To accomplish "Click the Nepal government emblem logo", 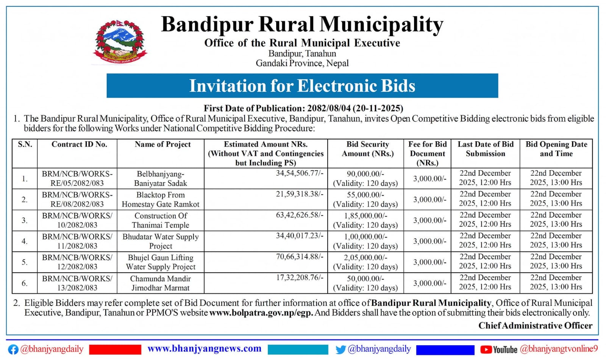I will [120, 42].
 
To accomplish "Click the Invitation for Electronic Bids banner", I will [302, 86].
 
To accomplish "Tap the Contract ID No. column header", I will [79, 144].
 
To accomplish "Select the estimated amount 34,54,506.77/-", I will [299, 173].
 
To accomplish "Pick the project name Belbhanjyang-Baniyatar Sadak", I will [161, 179].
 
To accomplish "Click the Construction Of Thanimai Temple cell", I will [161, 220].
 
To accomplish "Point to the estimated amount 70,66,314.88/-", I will [299, 257].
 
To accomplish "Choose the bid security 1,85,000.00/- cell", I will [365, 220].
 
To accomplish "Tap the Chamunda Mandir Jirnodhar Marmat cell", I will [161, 283].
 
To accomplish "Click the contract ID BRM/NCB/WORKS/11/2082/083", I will [77, 241].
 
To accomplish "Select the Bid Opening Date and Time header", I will [556, 149].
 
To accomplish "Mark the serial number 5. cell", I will [25, 262].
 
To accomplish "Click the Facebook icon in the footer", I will [13, 349].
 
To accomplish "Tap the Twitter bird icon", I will [340, 349].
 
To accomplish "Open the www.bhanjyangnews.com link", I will [204, 349].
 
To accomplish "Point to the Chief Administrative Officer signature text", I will [535, 326].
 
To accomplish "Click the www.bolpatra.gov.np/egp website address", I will [261, 313].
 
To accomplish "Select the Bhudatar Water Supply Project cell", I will [161, 241].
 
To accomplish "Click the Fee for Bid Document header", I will [427, 153].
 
